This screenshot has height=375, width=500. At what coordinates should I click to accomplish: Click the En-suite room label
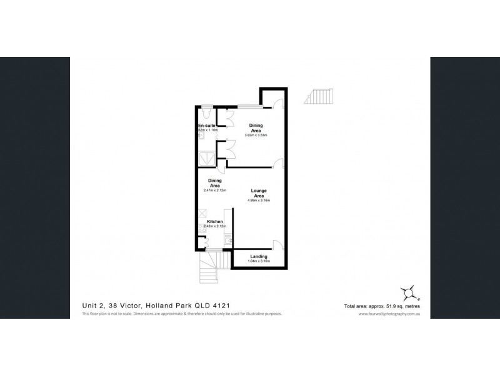(206, 126)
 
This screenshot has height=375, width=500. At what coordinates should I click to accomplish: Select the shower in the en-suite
(206, 158)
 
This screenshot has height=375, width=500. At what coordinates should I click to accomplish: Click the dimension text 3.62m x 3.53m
(256, 135)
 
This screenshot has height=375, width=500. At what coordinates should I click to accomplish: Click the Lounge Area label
(259, 192)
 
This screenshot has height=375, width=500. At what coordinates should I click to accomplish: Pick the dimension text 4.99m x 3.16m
(259, 201)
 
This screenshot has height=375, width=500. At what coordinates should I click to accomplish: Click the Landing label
(259, 256)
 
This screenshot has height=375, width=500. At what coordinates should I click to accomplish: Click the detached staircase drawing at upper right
(319, 96)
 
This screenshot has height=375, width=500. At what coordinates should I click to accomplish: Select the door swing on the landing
(279, 244)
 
